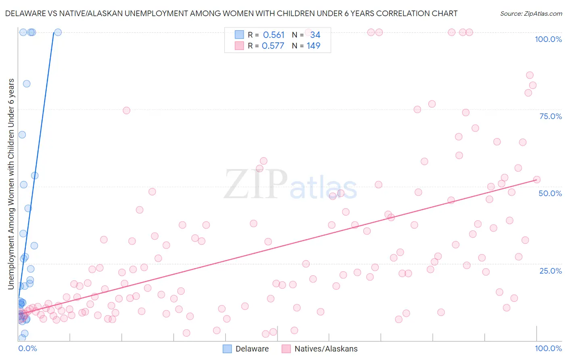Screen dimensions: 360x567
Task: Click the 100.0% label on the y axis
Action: (x=548, y=39)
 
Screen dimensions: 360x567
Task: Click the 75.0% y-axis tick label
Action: (x=550, y=116)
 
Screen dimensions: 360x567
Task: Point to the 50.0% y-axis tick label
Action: (x=550, y=193)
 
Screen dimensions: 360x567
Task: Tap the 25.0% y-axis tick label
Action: (x=550, y=271)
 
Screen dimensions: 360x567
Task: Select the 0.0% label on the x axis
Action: (x=27, y=348)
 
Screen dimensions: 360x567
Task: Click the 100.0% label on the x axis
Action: (x=548, y=348)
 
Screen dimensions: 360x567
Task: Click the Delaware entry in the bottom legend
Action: (x=252, y=349)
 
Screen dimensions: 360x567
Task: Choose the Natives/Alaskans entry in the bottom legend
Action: (x=326, y=349)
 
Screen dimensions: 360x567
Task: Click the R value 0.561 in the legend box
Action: (x=274, y=35)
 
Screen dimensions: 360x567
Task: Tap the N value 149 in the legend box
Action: (x=313, y=46)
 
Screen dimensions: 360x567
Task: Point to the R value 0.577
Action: (x=273, y=46)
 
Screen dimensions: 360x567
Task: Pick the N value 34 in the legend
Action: (x=315, y=35)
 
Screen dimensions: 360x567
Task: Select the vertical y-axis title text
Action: (x=11, y=184)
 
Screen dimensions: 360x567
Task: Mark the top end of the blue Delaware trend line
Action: (x=54, y=33)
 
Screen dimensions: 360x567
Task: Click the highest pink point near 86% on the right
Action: (x=529, y=75)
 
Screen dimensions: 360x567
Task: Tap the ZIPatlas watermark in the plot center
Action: (x=290, y=185)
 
